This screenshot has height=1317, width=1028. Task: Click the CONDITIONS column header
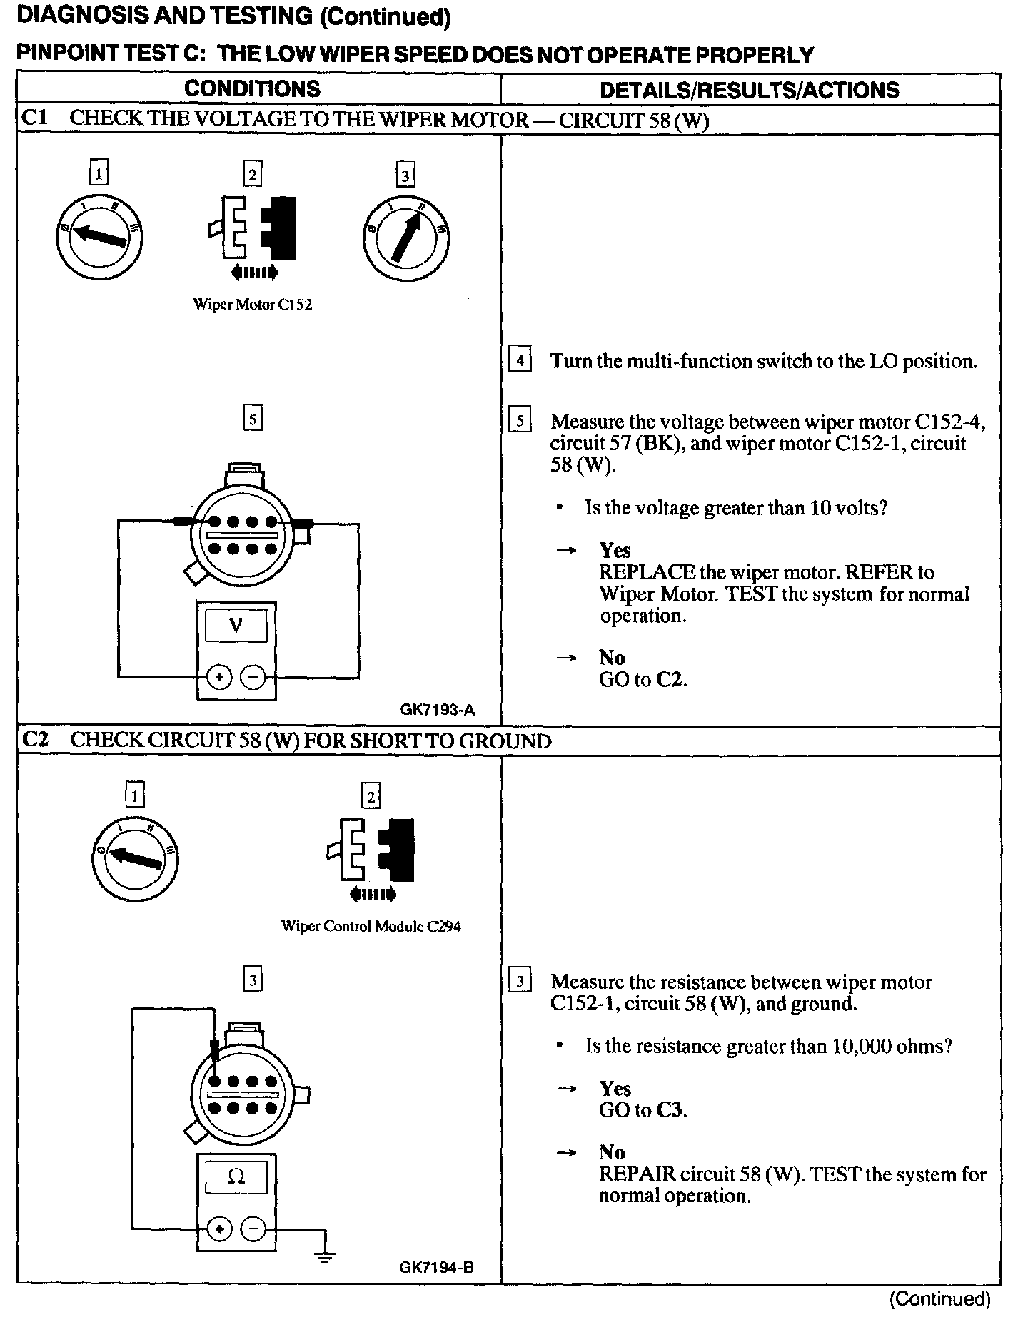click(252, 88)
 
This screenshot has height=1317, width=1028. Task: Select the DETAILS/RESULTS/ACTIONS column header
click(750, 90)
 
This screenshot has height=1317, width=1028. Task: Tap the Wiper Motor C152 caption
click(253, 305)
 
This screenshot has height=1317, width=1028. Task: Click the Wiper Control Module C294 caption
click(371, 927)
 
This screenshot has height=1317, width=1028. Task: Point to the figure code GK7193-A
click(438, 710)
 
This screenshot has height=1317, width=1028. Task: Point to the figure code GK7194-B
click(437, 1268)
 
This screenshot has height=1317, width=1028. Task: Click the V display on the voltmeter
click(236, 626)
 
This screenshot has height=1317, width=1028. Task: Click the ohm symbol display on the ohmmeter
click(236, 1176)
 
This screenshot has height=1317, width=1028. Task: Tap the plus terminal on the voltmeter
click(219, 676)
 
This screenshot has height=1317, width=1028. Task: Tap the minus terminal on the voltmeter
click(253, 676)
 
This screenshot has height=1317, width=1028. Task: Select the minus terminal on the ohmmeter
click(253, 1229)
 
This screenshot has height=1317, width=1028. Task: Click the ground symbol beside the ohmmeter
click(326, 1257)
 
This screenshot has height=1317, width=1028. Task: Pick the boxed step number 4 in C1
click(520, 361)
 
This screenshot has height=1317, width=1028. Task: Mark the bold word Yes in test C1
click(615, 550)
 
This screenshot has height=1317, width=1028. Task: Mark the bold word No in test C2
click(612, 1152)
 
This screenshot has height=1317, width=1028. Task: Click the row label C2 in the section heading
click(35, 739)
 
